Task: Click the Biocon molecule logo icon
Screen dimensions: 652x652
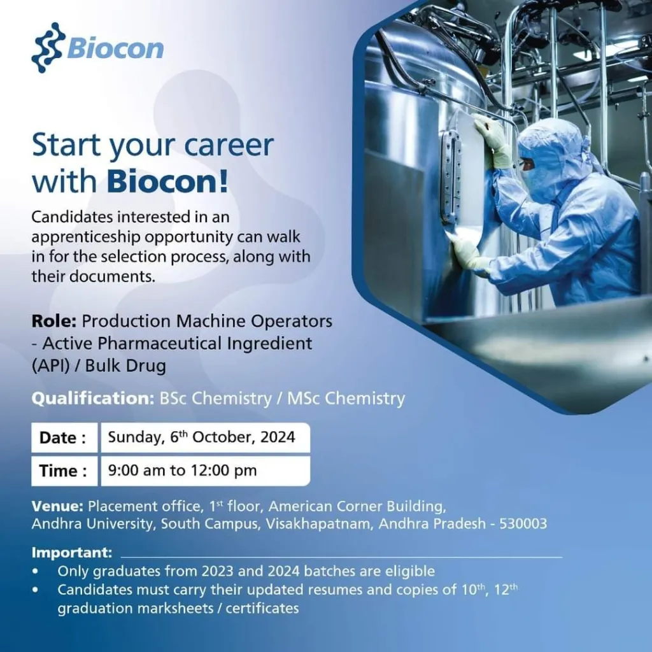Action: coord(48,47)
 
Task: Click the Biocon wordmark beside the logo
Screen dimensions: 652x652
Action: coord(115,48)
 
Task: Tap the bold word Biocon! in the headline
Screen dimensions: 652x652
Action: coord(167,181)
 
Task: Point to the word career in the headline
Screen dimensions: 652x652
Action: coord(229,145)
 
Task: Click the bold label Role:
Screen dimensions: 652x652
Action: coord(54,321)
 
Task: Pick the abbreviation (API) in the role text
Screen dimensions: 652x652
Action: coord(51,365)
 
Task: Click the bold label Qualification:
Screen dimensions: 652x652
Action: coord(93,399)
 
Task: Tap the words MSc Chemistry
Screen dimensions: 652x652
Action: coord(346,399)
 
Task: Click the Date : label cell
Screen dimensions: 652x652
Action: coord(64,437)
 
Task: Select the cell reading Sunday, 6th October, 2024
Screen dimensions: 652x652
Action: coord(206,437)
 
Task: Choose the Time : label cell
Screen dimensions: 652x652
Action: coord(64,471)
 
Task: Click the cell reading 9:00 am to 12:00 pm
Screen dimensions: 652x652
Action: coord(206,471)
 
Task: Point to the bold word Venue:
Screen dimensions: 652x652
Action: coord(57,506)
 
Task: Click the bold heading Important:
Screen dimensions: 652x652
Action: coord(72,553)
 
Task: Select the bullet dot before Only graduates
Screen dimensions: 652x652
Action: coord(36,571)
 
